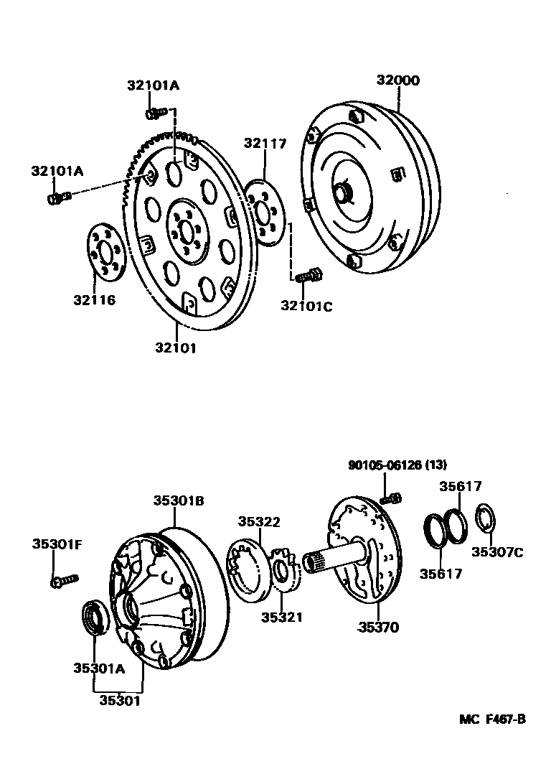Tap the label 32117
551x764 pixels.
[265, 144]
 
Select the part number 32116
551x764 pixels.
[93, 299]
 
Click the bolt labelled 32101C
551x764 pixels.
[309, 274]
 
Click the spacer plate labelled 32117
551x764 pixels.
[265, 214]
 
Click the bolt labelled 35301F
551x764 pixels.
[63, 579]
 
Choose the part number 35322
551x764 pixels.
[260, 522]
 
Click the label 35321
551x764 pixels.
[281, 617]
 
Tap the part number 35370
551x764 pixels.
[379, 628]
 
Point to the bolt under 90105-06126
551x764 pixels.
[391, 497]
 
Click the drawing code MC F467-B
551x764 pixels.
[494, 719]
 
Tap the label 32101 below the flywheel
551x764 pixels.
[174, 348]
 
